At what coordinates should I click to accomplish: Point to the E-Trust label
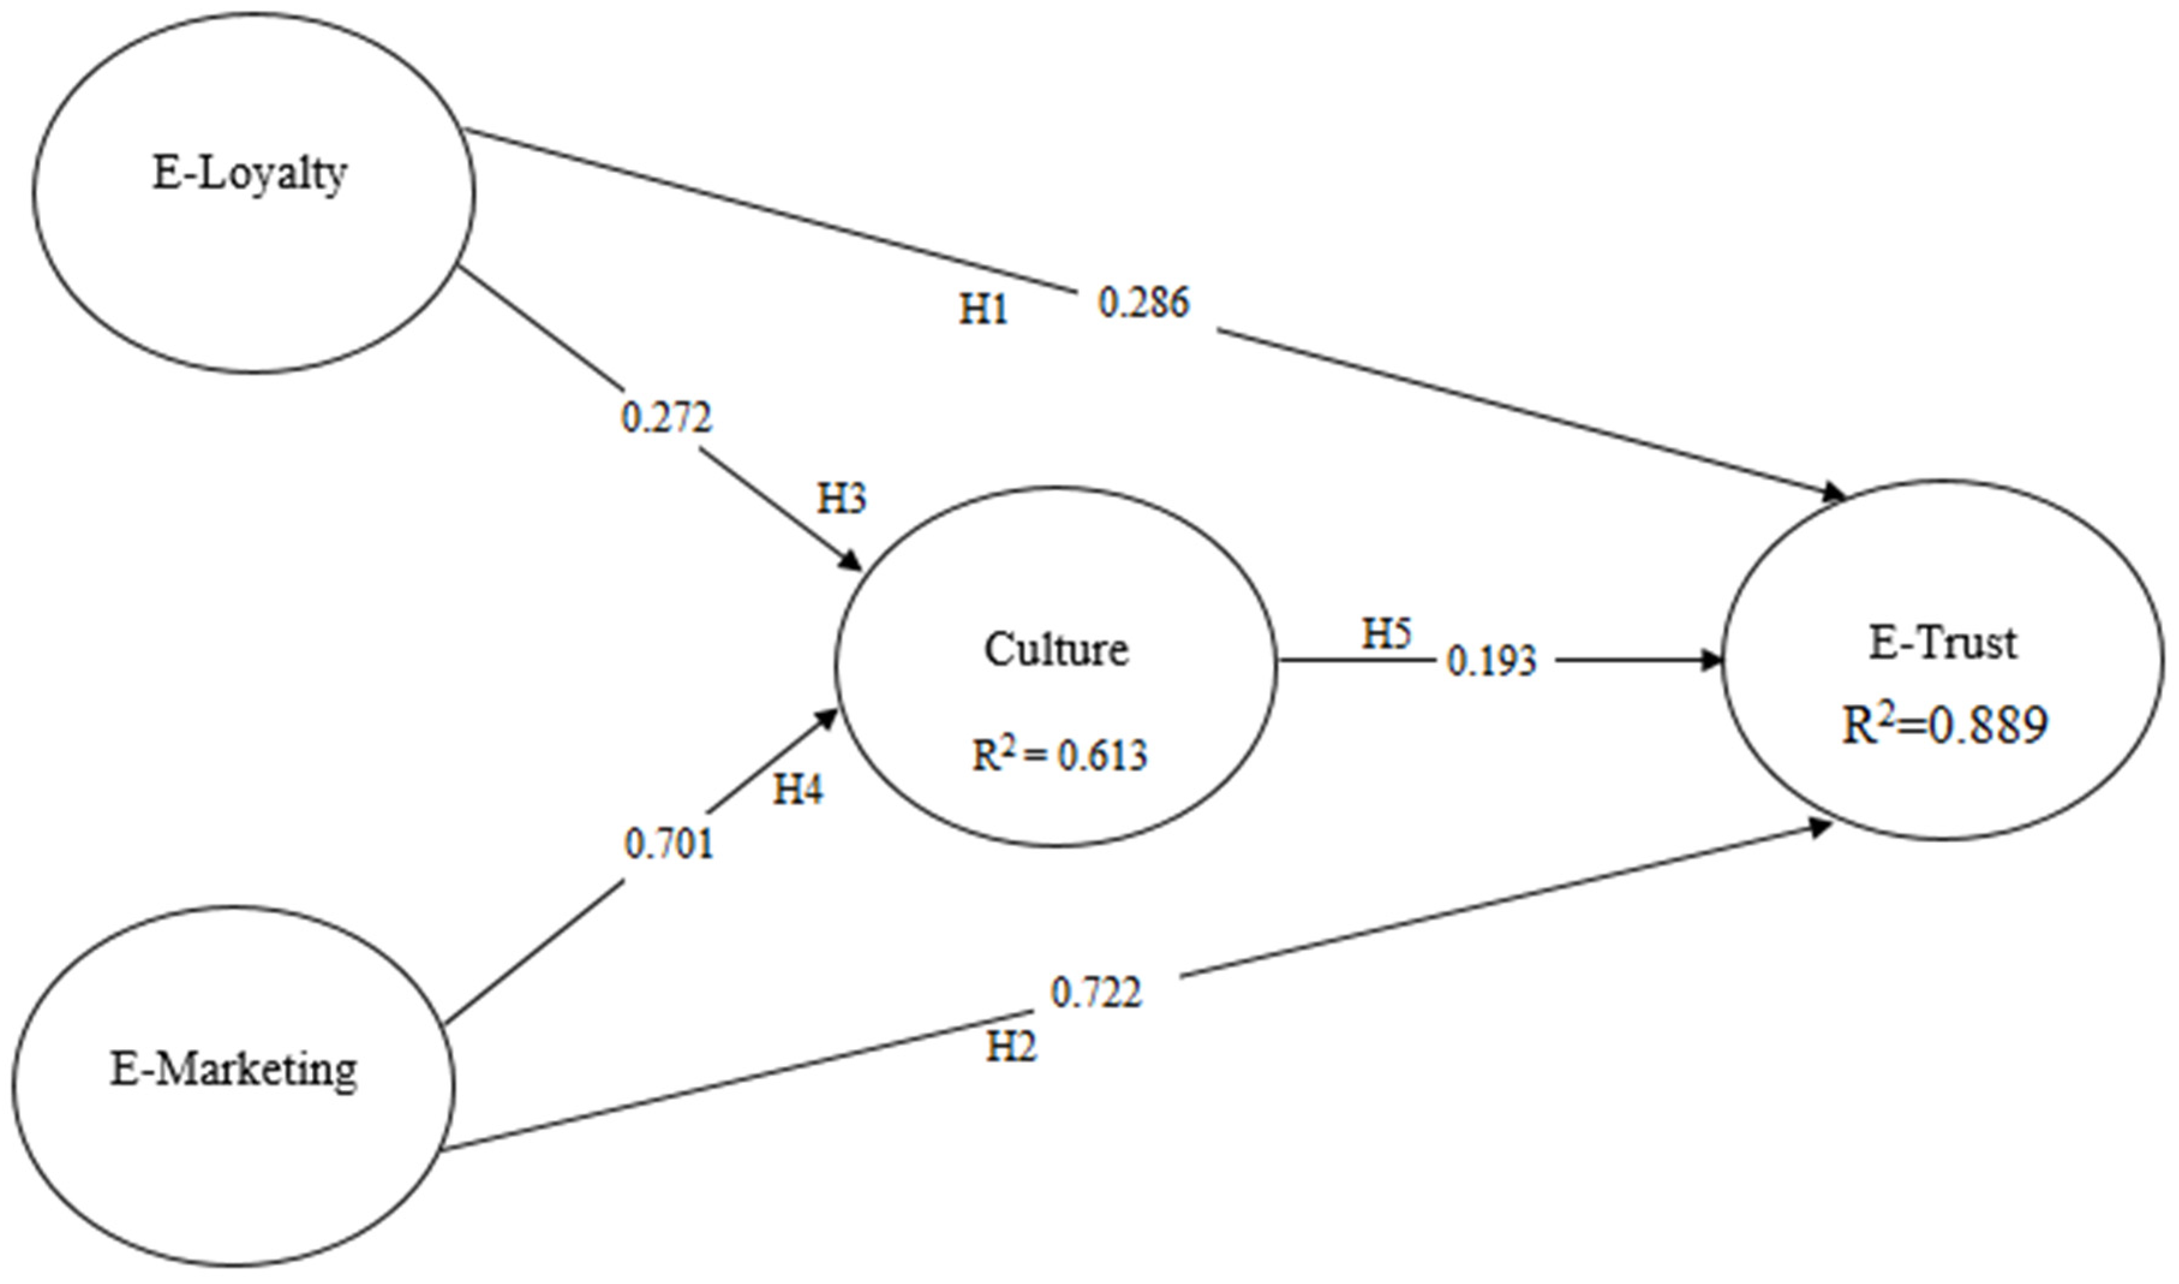pyautogui.click(x=1943, y=644)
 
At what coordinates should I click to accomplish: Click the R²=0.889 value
pyautogui.click(x=1944, y=725)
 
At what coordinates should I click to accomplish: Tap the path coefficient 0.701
pyautogui.click(x=669, y=845)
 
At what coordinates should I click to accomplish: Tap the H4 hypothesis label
pyautogui.click(x=798, y=790)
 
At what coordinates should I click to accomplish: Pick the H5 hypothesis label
pyautogui.click(x=1387, y=634)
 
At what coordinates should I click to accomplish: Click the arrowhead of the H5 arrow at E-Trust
pyautogui.click(x=1713, y=661)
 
